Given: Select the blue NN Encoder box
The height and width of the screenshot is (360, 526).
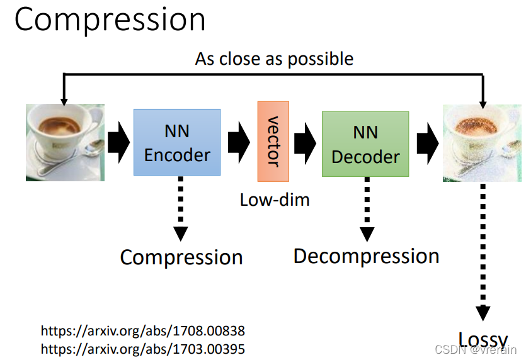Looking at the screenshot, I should [177, 142].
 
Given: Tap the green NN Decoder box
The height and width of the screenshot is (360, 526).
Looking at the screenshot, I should [365, 144].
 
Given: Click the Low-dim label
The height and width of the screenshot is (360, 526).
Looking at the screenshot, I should [275, 200].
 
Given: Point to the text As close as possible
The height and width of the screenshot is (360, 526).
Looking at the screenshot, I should [274, 59].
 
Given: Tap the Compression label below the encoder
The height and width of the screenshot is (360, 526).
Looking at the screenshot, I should [181, 257].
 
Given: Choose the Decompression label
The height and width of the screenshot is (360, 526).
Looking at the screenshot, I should [366, 256].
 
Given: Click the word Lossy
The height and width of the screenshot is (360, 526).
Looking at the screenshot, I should [482, 337].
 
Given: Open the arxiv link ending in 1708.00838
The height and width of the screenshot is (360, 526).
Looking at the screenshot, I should [143, 331].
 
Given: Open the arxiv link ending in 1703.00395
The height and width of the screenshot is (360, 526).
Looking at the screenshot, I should [143, 348].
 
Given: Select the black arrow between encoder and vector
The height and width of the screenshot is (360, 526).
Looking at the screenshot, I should [238, 143].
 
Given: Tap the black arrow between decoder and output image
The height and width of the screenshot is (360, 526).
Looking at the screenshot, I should [428, 143].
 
